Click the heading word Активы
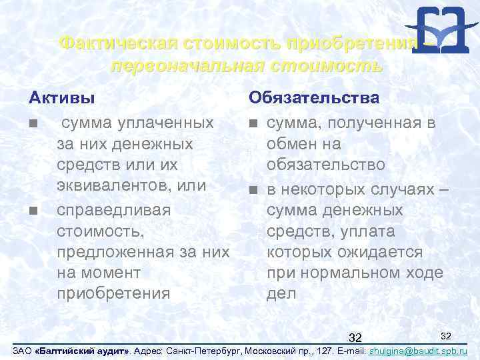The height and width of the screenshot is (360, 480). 61,98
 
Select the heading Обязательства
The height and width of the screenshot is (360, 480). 314,98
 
